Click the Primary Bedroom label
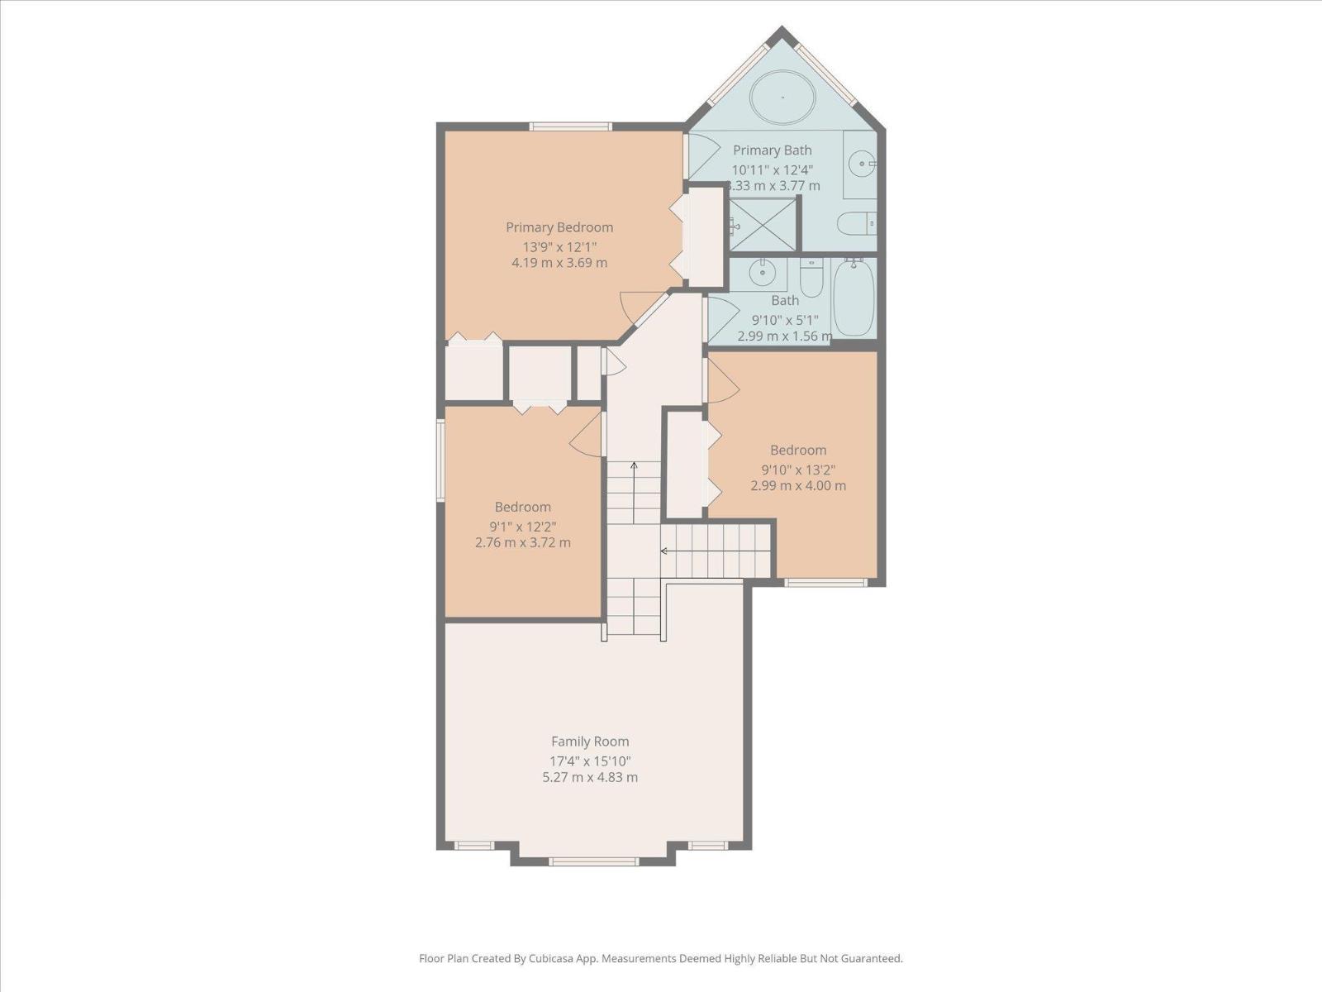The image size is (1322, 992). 559,227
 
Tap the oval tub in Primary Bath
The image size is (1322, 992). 782,98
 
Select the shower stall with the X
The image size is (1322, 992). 763,225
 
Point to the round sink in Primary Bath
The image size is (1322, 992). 863,164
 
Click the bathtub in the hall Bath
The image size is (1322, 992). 853,298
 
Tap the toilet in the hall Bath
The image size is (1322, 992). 812,277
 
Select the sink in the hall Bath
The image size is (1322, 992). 761,272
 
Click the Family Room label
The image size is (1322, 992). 590,742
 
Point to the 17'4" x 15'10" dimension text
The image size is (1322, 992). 590,761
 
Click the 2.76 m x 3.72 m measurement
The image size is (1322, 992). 522,543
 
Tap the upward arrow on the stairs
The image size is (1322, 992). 634,467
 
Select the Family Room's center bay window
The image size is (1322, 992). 593,861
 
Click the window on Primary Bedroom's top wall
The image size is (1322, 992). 570,126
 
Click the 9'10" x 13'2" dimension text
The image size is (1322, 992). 798,469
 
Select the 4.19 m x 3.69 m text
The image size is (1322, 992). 559,263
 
